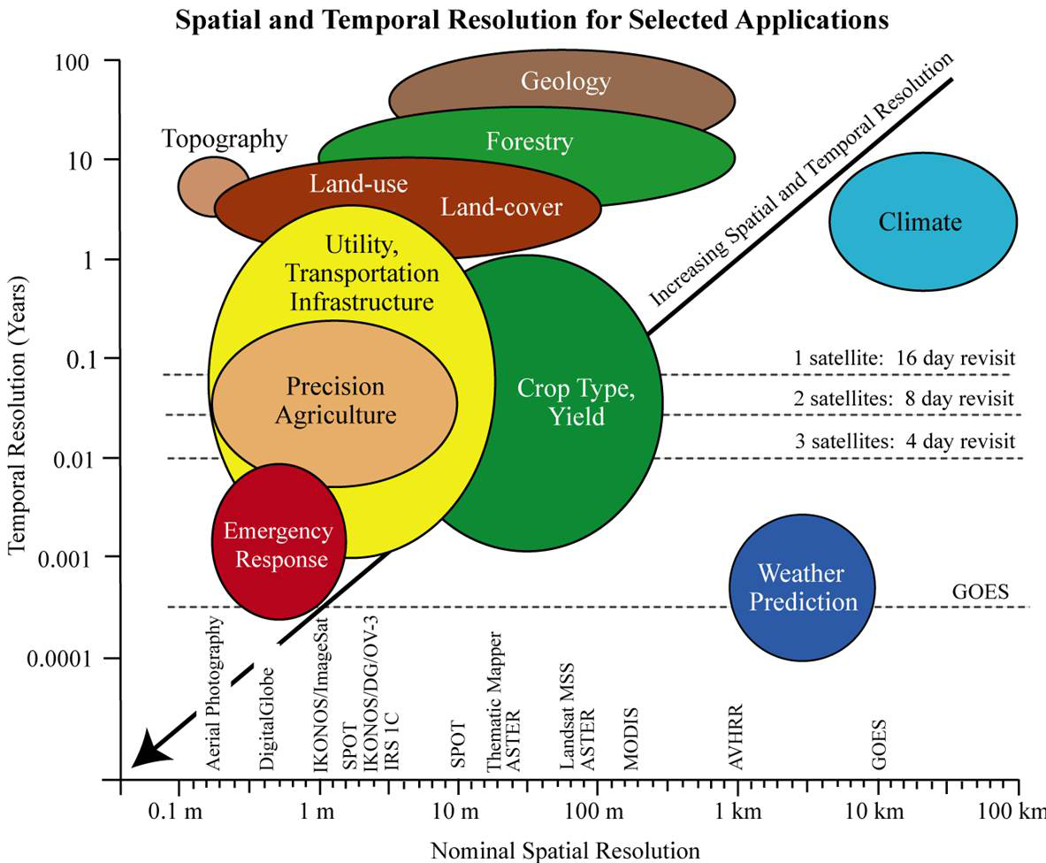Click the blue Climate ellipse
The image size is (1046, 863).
[x=923, y=221]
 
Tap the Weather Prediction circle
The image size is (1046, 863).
[x=802, y=587]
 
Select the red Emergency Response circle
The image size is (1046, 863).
[x=279, y=541]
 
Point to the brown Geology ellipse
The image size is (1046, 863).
[x=562, y=90]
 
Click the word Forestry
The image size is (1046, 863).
[x=530, y=141]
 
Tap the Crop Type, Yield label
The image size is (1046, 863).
[x=576, y=401]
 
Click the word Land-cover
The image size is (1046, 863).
[x=501, y=207]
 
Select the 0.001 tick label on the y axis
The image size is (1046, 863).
[x=64, y=558]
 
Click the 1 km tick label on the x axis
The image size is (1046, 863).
[x=738, y=812]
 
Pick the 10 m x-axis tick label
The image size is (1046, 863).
[x=455, y=812]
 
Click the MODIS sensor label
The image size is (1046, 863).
[x=630, y=738]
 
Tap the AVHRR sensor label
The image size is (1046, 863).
[x=735, y=737]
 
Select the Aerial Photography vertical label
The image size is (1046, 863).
[x=213, y=693]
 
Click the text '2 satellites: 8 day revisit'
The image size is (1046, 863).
[x=904, y=399]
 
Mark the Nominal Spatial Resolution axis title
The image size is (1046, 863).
[x=565, y=851]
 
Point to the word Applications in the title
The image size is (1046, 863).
[x=812, y=20]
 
